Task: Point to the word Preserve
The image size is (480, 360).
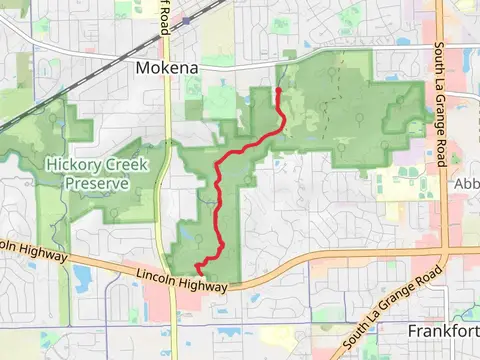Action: [98, 183]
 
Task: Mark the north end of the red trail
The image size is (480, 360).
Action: [278, 90]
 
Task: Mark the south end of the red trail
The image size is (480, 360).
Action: [198, 269]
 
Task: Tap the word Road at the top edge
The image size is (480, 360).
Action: [167, 23]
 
